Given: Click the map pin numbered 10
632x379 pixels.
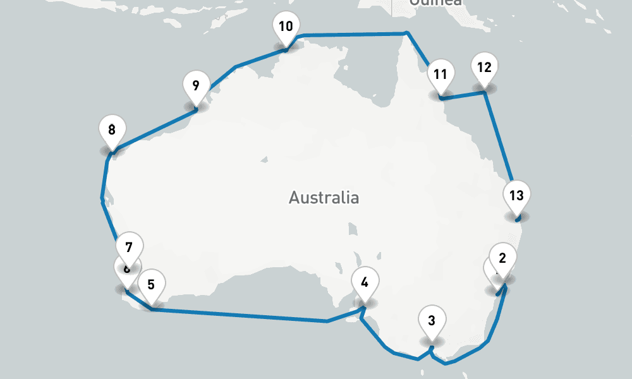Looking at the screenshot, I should coord(286,27).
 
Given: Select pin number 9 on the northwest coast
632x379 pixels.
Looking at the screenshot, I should coord(195,86).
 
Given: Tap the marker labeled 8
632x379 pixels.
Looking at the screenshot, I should coord(112,131).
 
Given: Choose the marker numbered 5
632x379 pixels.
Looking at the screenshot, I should coord(151,284).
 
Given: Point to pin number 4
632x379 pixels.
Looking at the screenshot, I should coord(364,282).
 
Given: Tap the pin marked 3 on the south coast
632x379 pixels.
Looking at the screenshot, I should coord(432,320).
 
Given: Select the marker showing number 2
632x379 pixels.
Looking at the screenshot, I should coord(503,258).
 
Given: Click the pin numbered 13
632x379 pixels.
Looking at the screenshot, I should coord(516,195).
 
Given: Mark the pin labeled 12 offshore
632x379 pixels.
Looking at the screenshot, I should coord(484,68).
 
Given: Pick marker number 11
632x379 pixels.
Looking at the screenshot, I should coord(441,75).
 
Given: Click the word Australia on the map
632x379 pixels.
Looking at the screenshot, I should coord(324,198).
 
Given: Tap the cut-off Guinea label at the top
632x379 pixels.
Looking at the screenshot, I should coord(436,3).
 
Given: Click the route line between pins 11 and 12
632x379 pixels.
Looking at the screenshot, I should coord(463,95).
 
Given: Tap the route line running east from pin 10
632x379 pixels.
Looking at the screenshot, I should coord(354,34).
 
